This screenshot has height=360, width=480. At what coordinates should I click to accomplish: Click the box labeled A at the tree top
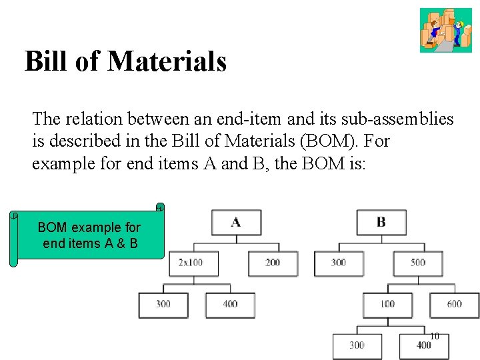click(236, 222)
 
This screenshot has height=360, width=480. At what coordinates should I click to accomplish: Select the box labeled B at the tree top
click(381, 222)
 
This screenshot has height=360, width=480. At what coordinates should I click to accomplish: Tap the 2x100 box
click(193, 263)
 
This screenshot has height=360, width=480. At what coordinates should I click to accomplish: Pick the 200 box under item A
click(273, 263)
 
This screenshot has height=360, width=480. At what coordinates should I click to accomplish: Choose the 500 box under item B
click(418, 263)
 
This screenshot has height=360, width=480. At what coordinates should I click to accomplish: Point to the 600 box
click(454, 305)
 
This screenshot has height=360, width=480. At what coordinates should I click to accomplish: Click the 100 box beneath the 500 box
click(387, 305)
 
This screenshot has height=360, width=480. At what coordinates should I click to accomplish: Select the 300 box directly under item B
click(339, 263)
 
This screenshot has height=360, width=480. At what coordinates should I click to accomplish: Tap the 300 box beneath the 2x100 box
click(163, 305)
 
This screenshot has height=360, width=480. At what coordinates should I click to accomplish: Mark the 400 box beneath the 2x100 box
click(230, 305)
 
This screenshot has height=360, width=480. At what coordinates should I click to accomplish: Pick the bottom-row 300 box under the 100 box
click(357, 345)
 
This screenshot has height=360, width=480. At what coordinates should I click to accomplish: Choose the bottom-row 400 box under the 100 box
click(423, 345)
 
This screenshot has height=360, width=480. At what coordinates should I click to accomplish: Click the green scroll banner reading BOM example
click(89, 235)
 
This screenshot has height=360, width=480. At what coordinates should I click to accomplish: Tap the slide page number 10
click(434, 337)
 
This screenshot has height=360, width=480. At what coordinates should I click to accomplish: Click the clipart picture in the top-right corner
click(445, 30)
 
